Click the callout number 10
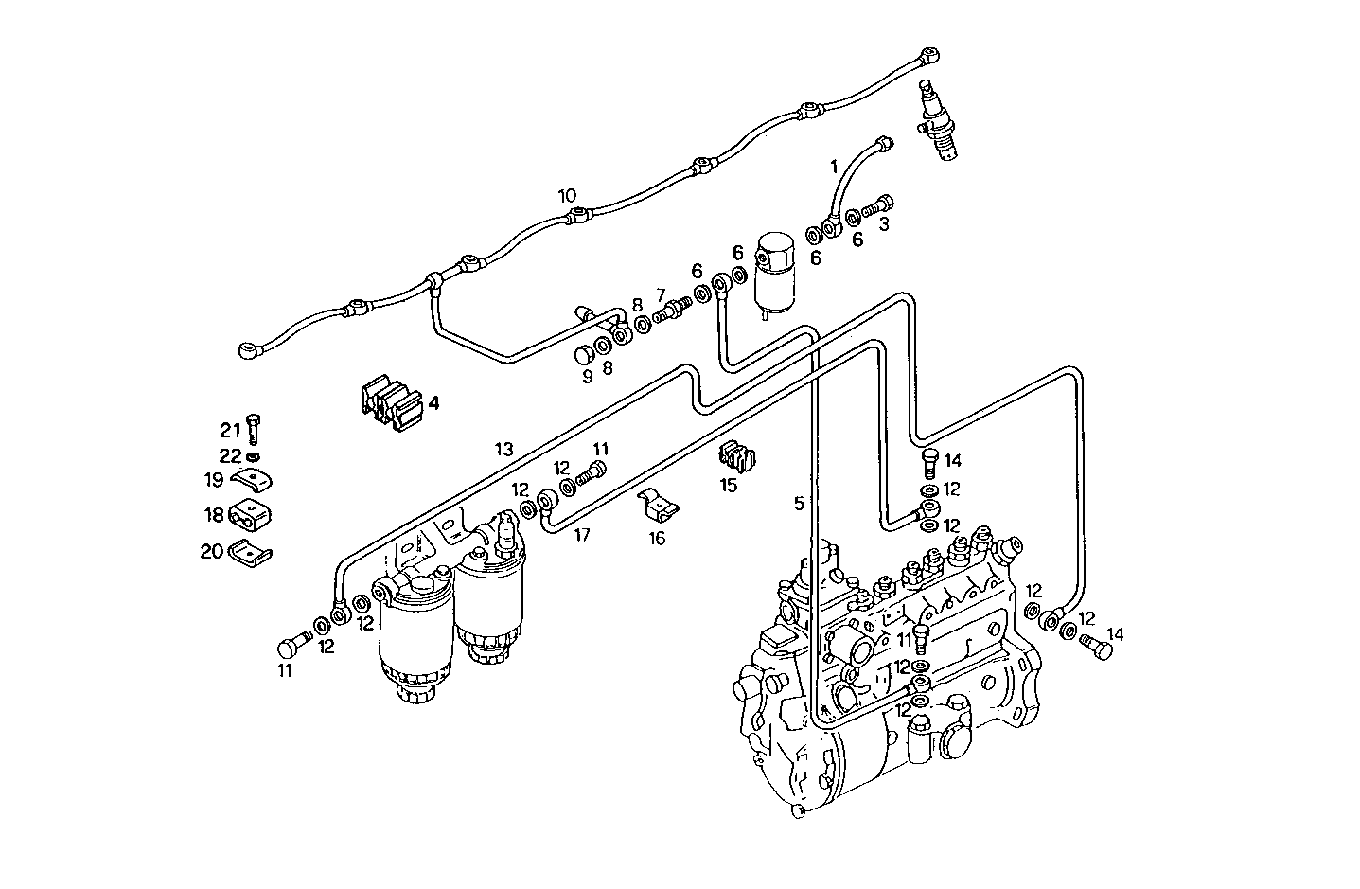(x=566, y=197)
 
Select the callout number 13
(x=503, y=449)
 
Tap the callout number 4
(x=433, y=403)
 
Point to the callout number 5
(x=799, y=505)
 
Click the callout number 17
(x=582, y=535)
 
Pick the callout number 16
(x=657, y=539)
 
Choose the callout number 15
(x=728, y=486)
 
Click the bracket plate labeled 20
(x=249, y=551)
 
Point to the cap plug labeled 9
(x=588, y=355)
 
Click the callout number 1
(x=834, y=168)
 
